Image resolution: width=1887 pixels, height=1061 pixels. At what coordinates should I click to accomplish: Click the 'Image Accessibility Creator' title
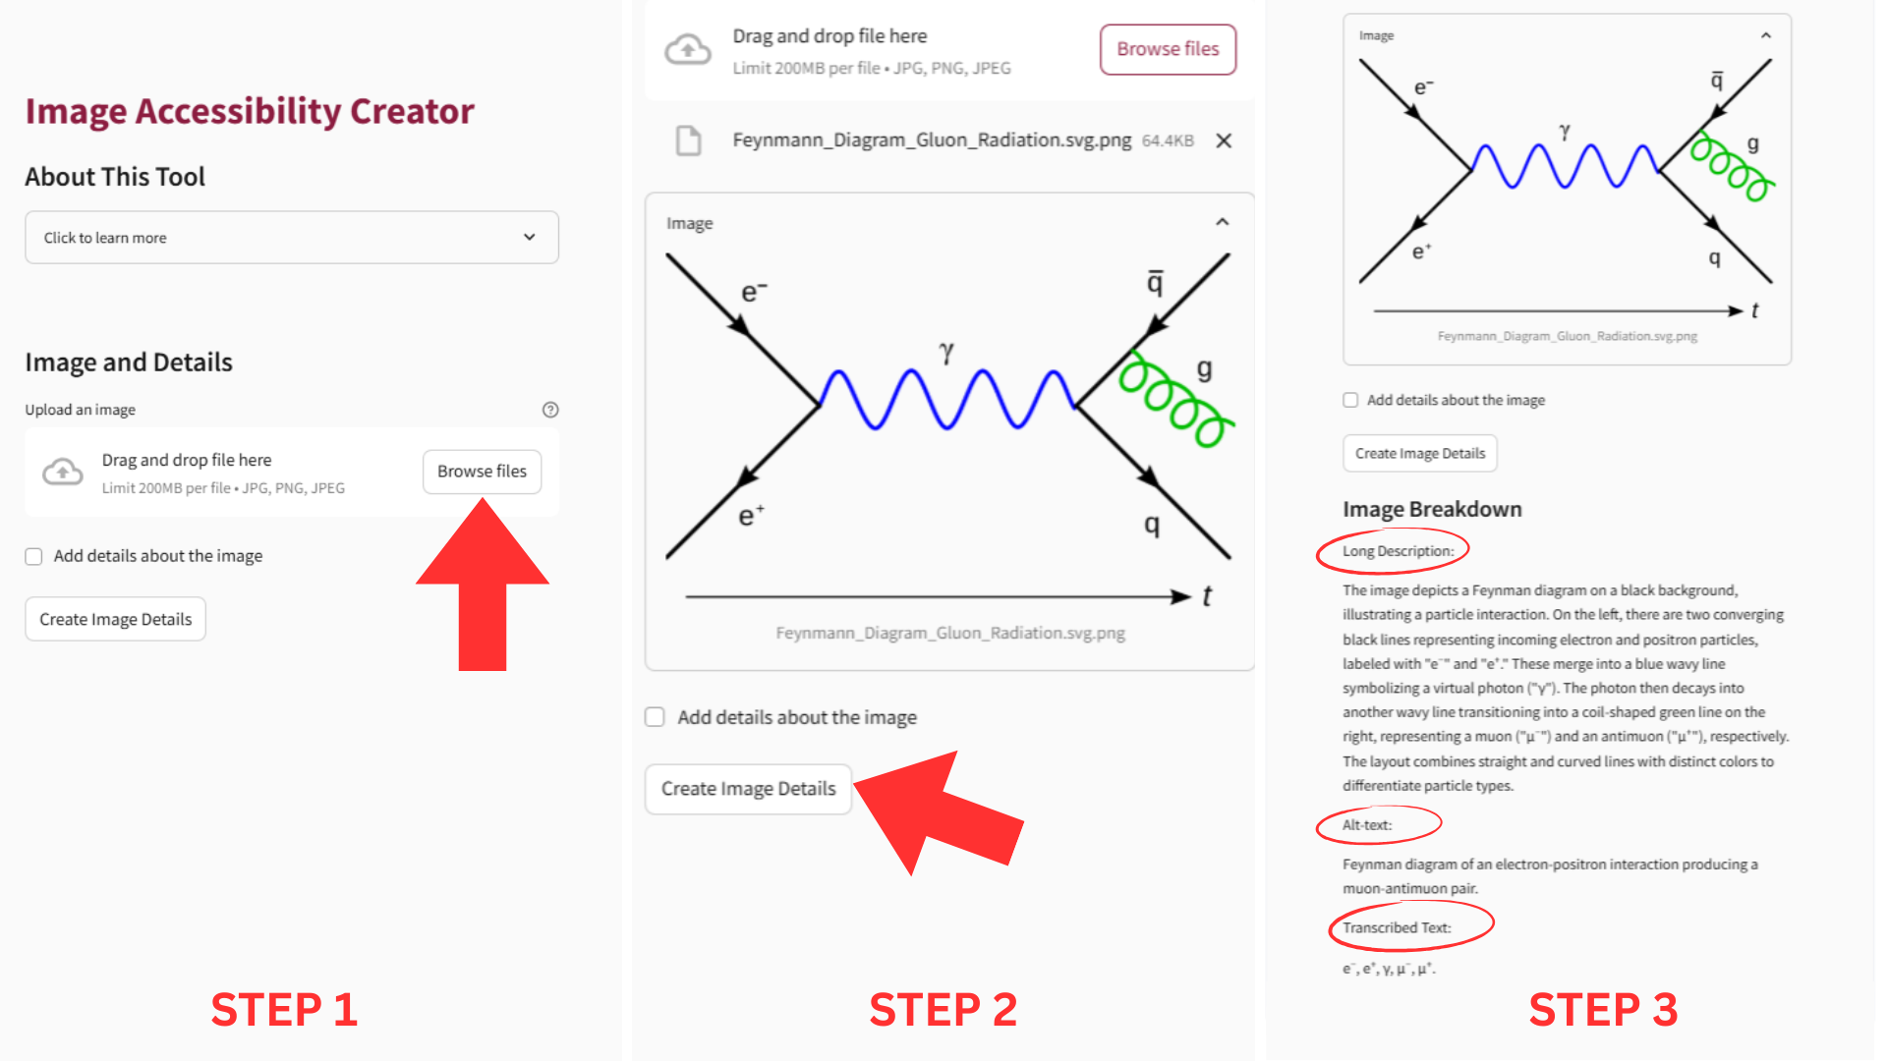[250, 111]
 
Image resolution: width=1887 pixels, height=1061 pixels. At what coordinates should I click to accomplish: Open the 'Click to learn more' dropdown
[292, 238]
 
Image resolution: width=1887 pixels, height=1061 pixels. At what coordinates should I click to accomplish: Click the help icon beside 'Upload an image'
[550, 410]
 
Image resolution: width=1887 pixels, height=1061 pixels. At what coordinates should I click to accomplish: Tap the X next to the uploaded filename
[1224, 140]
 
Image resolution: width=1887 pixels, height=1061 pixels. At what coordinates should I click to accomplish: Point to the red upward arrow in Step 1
[483, 586]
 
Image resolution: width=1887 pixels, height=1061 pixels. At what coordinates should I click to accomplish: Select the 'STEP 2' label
[943, 1010]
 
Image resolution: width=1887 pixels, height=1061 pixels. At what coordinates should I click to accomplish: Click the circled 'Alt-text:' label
[1367, 825]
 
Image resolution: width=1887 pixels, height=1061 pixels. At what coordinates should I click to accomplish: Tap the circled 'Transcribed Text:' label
[1397, 927]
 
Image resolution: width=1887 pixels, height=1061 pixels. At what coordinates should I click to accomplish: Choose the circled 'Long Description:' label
[1398, 551]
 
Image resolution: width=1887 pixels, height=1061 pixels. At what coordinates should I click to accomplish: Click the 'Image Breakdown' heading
[1432, 509]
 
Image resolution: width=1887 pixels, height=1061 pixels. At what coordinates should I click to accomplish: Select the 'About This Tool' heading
[115, 177]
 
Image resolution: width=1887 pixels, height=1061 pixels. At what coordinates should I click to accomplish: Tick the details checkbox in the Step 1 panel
[34, 556]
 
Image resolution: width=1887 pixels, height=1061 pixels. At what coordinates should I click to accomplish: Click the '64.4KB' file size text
[1168, 140]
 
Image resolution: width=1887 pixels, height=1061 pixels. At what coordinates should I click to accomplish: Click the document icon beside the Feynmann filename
[689, 140]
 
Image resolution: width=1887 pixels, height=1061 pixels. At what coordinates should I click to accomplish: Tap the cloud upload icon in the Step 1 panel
[63, 473]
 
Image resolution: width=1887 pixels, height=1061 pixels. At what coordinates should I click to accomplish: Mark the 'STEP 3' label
[1603, 1010]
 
